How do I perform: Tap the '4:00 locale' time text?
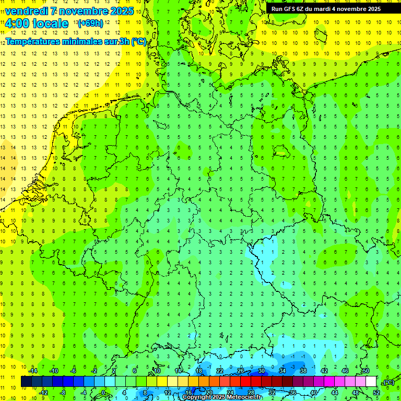[x=37, y=23]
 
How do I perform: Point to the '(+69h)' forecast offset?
[x=90, y=23]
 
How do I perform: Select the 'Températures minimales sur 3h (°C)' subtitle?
[x=76, y=41]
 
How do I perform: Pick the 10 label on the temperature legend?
[x=157, y=370]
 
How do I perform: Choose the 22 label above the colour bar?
[x=220, y=370]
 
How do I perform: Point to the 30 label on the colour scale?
[x=262, y=370]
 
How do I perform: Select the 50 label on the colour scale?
[x=366, y=370]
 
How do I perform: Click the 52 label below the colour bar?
[x=376, y=392]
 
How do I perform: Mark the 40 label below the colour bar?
[x=314, y=392]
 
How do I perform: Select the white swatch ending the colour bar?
[x=371, y=381]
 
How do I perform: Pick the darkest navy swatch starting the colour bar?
[x=26, y=381]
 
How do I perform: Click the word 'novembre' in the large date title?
[x=86, y=10]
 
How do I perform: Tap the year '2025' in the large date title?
[x=122, y=10]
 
